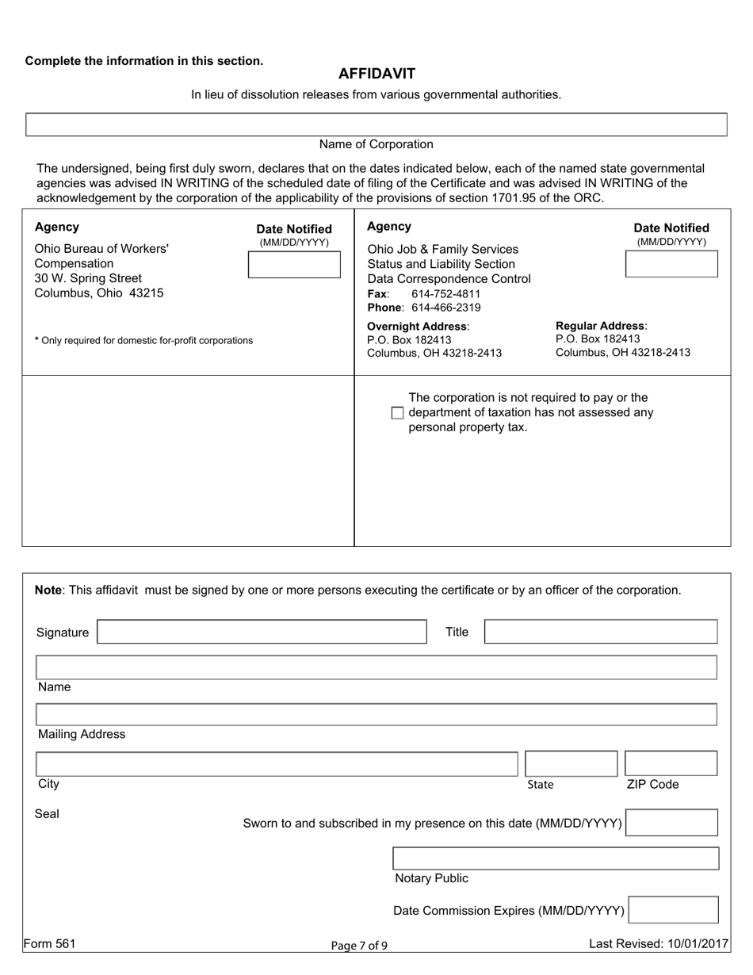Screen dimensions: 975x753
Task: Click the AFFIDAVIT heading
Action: click(x=376, y=74)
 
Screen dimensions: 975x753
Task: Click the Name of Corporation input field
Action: click(x=376, y=124)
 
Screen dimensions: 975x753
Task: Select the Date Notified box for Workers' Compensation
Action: click(x=293, y=265)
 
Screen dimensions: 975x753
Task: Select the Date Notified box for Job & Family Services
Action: click(x=671, y=264)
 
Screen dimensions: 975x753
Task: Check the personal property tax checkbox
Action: click(x=398, y=413)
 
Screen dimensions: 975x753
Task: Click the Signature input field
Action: click(x=262, y=632)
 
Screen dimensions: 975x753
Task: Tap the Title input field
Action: click(x=601, y=632)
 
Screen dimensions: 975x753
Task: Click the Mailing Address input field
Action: click(x=376, y=714)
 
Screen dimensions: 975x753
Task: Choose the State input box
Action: click(x=571, y=763)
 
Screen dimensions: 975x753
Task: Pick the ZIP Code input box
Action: click(x=671, y=763)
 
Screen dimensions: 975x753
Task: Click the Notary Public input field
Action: click(x=556, y=858)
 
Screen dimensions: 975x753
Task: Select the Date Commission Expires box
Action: click(x=673, y=910)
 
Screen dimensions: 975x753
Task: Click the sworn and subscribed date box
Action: click(x=671, y=823)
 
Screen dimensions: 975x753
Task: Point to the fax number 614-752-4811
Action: click(x=445, y=293)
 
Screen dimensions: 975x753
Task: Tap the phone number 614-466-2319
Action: click(x=445, y=308)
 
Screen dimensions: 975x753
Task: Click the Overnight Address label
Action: click(x=418, y=327)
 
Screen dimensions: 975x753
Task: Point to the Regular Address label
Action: click(x=601, y=326)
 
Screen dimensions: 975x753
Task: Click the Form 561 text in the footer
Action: click(x=49, y=943)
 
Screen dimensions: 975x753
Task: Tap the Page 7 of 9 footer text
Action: click(x=359, y=945)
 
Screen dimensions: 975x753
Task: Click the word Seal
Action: click(x=47, y=813)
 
